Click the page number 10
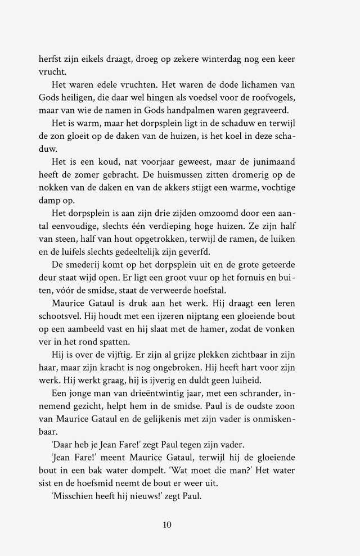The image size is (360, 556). [166, 525]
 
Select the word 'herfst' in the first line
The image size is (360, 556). [49, 59]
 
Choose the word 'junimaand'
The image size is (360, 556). [273, 162]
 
